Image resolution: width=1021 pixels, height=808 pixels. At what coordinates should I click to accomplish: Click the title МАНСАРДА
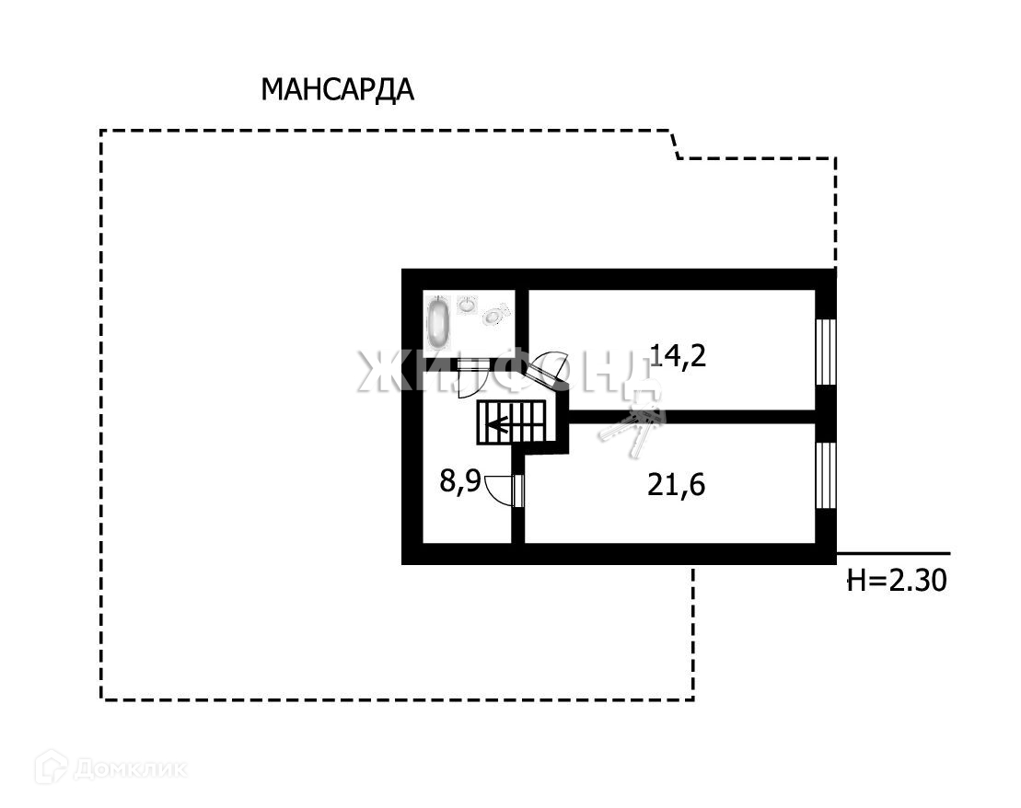click(337, 90)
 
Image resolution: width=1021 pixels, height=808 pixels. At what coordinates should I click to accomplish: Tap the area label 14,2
click(678, 354)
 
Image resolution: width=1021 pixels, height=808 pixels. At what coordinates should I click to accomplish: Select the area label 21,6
click(676, 484)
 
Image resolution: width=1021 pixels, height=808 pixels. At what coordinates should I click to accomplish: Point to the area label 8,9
click(459, 480)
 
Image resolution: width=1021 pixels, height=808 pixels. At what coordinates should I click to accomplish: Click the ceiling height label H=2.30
click(896, 580)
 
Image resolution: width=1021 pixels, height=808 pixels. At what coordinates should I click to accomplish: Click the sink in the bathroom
click(468, 305)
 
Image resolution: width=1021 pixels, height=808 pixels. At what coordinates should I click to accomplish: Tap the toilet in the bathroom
click(496, 314)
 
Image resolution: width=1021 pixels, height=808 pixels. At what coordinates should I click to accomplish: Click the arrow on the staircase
click(500, 424)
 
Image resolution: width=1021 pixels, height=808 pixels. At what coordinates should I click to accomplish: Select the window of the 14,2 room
click(826, 351)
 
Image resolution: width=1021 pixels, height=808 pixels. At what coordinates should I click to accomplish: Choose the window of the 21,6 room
click(826, 474)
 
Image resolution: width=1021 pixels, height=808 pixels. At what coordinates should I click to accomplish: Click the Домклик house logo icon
click(51, 767)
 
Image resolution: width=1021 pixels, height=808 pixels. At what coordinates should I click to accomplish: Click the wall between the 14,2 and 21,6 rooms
click(690, 417)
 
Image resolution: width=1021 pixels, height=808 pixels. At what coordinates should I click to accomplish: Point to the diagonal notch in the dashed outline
click(674, 144)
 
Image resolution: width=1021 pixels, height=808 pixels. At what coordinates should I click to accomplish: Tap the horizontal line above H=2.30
click(892, 553)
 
